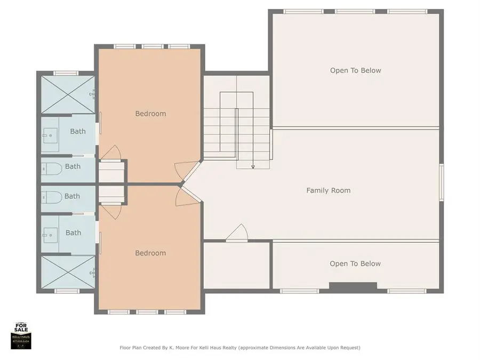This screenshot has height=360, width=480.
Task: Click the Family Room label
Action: coord(328,190)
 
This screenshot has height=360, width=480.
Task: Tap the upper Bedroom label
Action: coord(150,114)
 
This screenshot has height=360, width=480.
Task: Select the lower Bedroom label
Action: coord(150,253)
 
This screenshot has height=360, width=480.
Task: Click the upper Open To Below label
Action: coord(355,70)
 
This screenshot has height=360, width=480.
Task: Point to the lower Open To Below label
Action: coord(355,263)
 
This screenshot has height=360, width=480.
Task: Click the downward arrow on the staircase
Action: coord(253,166)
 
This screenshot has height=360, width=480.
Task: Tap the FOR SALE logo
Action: coord(21,335)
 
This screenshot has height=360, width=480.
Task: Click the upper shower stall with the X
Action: coord(68,94)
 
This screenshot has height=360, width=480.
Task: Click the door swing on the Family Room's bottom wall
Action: coord(236,234)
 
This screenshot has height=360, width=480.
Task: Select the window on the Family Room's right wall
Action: coord(441,182)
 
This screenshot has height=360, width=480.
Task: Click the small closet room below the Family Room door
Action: coord(236,265)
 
